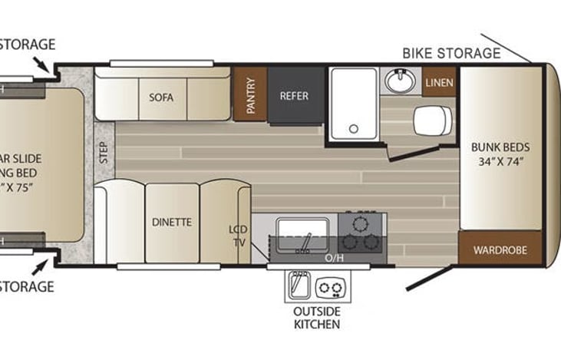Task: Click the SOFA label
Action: click(x=161, y=97)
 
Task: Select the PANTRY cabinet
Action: click(x=250, y=94)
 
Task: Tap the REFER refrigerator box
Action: click(x=294, y=96)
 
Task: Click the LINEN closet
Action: click(x=438, y=82)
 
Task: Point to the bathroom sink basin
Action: click(x=399, y=79)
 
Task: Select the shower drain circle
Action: click(x=353, y=128)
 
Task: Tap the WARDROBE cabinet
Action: click(x=500, y=249)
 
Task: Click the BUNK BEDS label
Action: click(x=501, y=154)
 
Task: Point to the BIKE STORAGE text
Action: click(x=451, y=53)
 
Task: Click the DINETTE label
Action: click(x=172, y=222)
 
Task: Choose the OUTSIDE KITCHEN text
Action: click(x=317, y=318)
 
